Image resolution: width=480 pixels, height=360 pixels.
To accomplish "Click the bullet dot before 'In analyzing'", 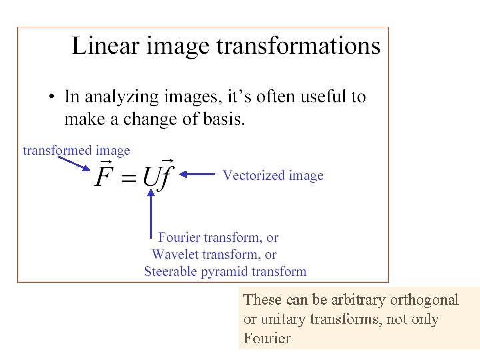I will coord(52,98).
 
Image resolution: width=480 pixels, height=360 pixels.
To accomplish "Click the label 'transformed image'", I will coord(76,151).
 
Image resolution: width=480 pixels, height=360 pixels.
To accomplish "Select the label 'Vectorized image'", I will coord(273,175).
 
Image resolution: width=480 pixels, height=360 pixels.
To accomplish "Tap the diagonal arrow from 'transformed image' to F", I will coord(73,163).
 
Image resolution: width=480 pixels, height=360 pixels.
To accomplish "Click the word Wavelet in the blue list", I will coord(174,254).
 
